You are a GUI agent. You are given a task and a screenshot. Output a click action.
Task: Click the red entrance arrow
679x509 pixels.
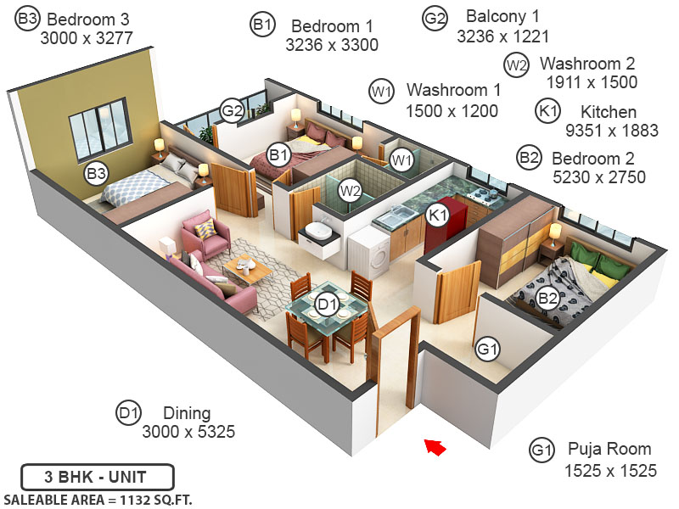point(435,447)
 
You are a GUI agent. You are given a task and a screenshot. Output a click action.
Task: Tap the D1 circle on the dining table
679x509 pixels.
point(327,303)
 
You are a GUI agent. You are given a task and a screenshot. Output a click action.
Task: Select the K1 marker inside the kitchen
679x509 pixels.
point(437,215)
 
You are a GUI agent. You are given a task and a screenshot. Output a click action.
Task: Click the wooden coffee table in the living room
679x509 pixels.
point(248,269)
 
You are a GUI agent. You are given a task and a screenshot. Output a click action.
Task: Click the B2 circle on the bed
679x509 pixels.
point(548,298)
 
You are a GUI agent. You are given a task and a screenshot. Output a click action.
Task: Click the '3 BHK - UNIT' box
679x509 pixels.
point(98,476)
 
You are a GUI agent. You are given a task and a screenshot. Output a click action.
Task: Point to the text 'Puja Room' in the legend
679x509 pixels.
point(609,449)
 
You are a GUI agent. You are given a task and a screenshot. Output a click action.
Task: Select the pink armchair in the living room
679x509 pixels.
point(205,236)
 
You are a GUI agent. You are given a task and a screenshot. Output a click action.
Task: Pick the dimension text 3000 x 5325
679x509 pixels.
point(188,432)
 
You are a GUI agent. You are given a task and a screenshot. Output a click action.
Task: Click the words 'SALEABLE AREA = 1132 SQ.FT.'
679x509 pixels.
point(98,499)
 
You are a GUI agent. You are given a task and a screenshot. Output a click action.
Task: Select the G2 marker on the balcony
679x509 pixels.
point(232,110)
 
